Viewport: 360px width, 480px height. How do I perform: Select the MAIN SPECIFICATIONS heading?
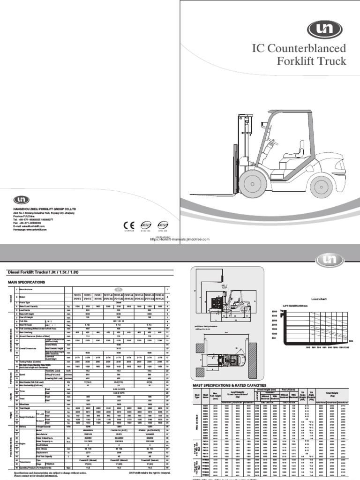(x=26, y=283)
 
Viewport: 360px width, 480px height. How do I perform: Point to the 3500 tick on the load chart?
(x=275, y=311)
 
